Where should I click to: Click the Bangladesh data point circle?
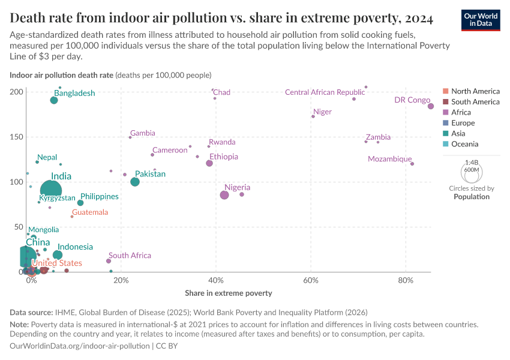(54, 100)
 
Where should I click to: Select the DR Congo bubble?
(431, 106)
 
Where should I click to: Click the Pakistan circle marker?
(135, 182)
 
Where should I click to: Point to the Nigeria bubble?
(224, 195)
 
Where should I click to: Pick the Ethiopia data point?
(209, 163)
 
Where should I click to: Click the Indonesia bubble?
(58, 255)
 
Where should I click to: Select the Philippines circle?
(80, 203)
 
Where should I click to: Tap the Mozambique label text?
(390, 159)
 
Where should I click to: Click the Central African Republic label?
(325, 92)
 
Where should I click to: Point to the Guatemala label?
(90, 212)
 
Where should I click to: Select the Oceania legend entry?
(464, 144)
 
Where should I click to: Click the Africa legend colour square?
(445, 113)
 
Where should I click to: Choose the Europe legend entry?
(463, 123)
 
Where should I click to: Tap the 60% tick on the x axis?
(311, 281)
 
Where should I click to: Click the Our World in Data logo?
(481, 19)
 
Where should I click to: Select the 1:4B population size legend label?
(472, 163)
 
